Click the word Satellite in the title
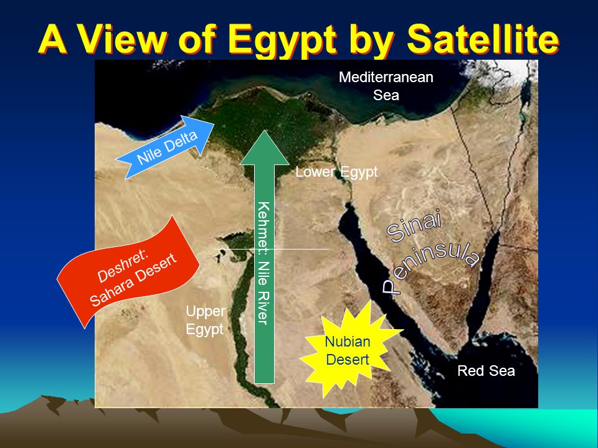[x=483, y=39]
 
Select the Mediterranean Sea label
[x=386, y=86]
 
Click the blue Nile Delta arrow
[x=164, y=147]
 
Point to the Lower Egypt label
[x=337, y=172]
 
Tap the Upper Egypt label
[x=205, y=320]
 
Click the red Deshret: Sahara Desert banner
[x=128, y=272]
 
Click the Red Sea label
[x=486, y=371]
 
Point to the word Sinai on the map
[x=414, y=226]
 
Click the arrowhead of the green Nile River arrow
[x=264, y=148]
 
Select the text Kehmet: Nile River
[x=263, y=263]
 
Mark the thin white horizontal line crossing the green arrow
[x=272, y=249]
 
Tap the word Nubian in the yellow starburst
[x=348, y=342]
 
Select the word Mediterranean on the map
[x=386, y=77]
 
